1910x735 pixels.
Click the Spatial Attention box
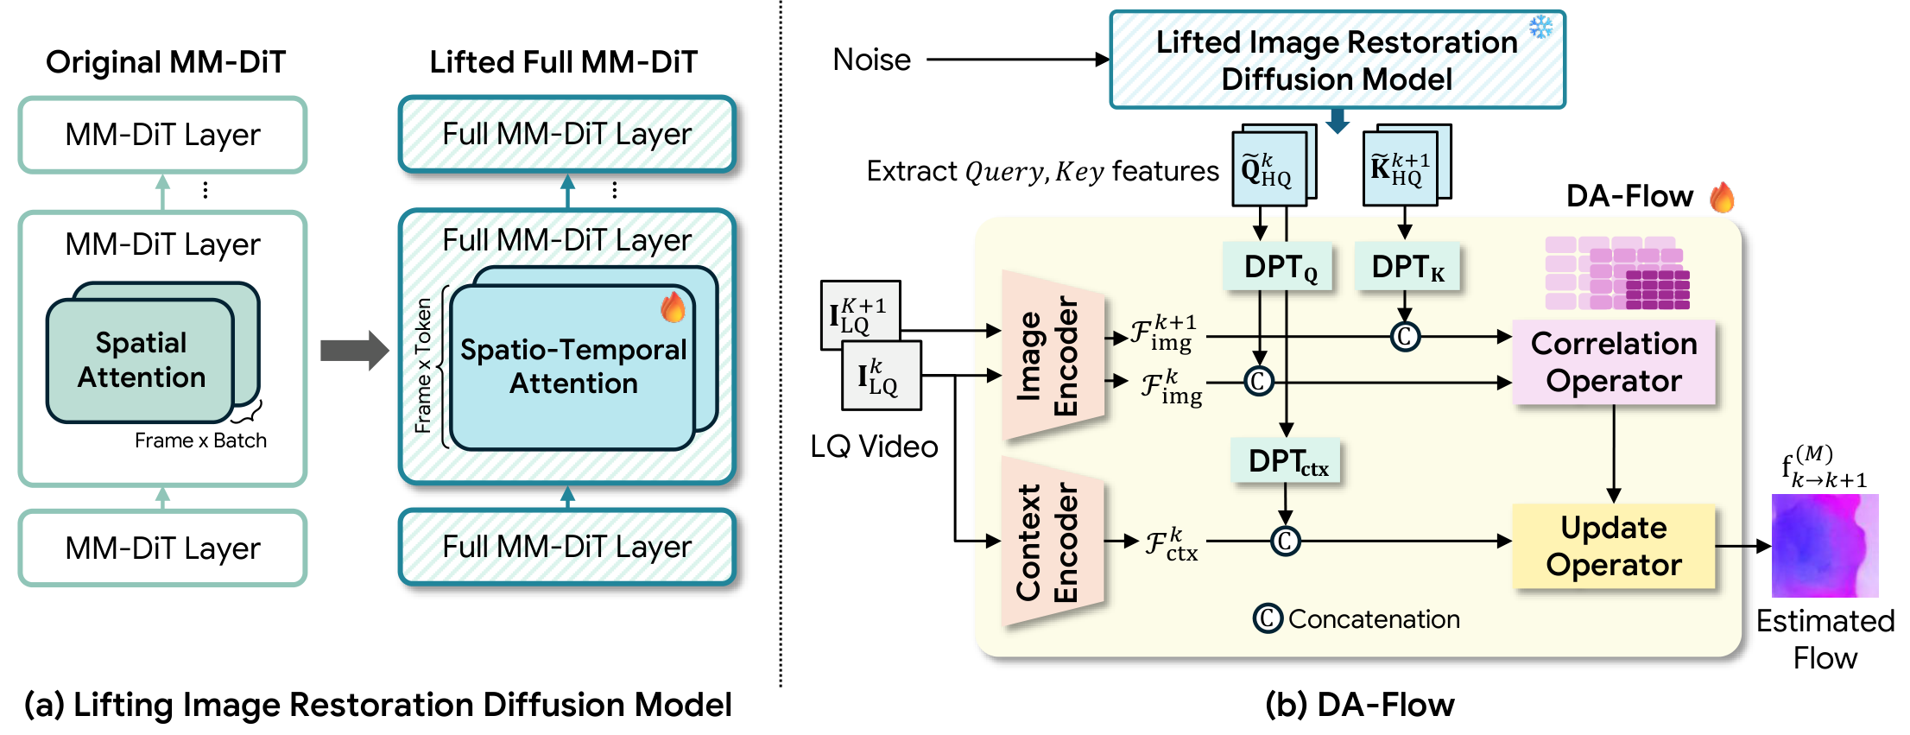[x=142, y=361]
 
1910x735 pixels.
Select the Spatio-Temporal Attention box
[x=572, y=367]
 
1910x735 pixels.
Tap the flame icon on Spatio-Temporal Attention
[x=673, y=307]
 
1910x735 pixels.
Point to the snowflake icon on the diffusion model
[x=1540, y=27]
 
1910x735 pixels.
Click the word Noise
[x=871, y=60]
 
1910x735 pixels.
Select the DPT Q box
[x=1279, y=267]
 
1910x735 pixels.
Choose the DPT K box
[x=1407, y=267]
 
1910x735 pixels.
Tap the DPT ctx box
[x=1287, y=461]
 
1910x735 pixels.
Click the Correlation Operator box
[x=1613, y=363]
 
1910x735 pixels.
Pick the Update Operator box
[x=1613, y=546]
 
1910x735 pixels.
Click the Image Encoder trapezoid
[x=1052, y=356]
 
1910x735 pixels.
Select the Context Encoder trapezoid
[x=1052, y=542]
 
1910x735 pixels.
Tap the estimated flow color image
[x=1824, y=545]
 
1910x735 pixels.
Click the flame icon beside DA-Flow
[x=1721, y=197]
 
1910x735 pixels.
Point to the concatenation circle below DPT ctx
[x=1285, y=542]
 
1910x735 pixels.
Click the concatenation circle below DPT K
[x=1405, y=336]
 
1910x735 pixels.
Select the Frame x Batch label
[x=200, y=440]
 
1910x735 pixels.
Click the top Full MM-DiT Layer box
[x=566, y=135]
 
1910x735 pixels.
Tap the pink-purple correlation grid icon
[x=1616, y=273]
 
